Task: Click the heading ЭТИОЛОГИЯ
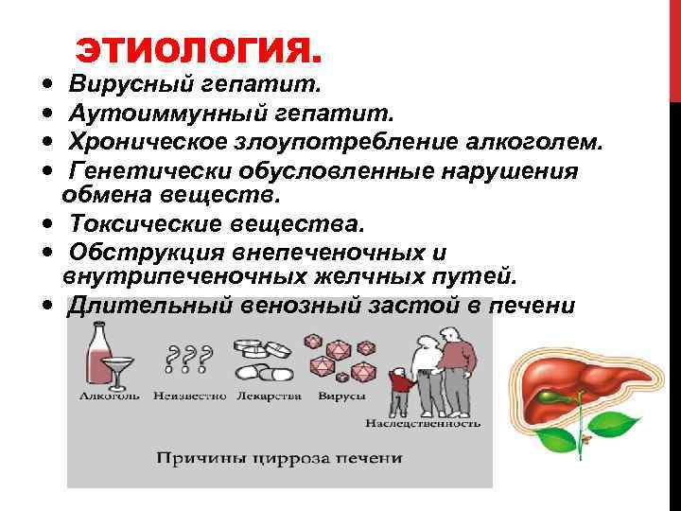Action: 199,46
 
